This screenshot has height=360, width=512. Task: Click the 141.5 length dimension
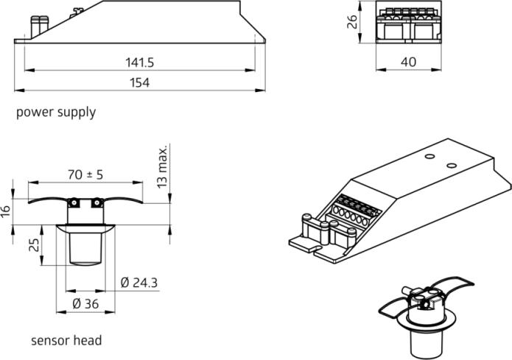pos(141,63)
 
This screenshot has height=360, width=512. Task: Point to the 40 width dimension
pos(407,63)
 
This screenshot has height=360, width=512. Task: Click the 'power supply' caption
pos(56,113)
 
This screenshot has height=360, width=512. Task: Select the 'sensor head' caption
pos(66,341)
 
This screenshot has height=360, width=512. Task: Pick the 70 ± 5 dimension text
pos(85,174)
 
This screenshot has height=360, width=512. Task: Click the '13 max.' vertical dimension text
pos(164,166)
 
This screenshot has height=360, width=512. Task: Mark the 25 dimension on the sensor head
pos(34,244)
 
